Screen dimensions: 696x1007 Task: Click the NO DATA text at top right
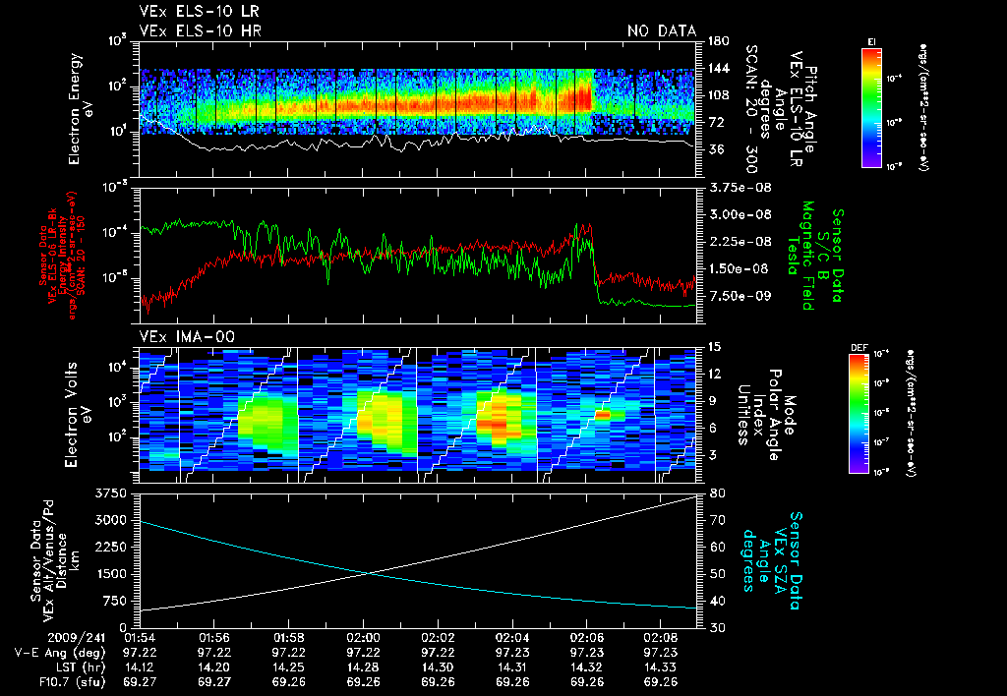(x=661, y=30)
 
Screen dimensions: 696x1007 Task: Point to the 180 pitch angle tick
(x=716, y=40)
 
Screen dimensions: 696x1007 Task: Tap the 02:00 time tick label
(x=364, y=637)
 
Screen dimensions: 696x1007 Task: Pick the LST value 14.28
(x=364, y=666)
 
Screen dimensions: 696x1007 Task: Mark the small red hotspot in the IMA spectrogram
(x=603, y=415)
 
